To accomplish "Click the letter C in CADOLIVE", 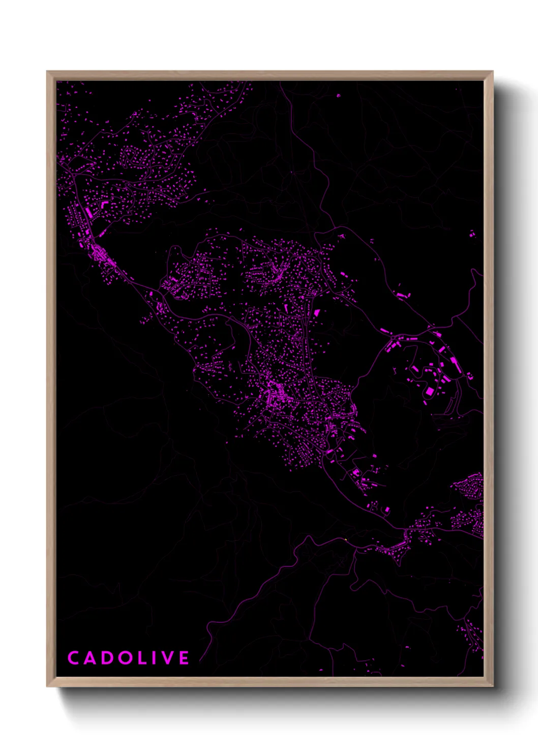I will [x=73, y=658].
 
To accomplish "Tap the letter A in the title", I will [x=90, y=658].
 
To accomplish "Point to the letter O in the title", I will [x=125, y=658].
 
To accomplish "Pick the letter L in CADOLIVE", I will [x=142, y=658].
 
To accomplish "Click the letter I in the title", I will [x=155, y=658].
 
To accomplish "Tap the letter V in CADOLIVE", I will [x=167, y=658].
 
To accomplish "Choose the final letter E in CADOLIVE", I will [x=184, y=658].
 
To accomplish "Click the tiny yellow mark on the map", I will [x=345, y=540].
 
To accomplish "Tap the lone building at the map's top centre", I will [x=338, y=95].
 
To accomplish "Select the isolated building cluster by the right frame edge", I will [x=472, y=234].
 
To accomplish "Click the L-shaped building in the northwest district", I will [x=105, y=204].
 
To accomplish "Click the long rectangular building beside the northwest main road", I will [x=88, y=211].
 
